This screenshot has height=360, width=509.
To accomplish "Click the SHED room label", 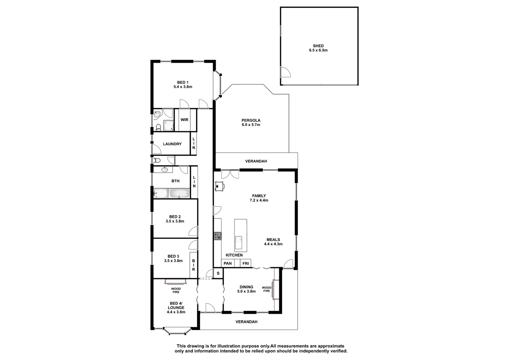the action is (318, 46).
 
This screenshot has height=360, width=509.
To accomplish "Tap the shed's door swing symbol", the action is (286, 72).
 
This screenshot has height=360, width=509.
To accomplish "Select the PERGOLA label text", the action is (251, 121).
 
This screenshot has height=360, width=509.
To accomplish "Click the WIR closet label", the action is (184, 120).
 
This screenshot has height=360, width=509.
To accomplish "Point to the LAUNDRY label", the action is (172, 144).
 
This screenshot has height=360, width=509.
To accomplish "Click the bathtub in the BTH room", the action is (179, 193).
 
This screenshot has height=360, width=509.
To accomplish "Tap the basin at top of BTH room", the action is (164, 170).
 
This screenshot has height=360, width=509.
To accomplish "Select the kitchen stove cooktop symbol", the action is (217, 236).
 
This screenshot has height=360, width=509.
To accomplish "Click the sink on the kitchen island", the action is (239, 239).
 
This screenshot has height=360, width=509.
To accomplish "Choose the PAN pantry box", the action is (228, 263).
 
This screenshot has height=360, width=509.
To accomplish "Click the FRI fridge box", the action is (245, 263).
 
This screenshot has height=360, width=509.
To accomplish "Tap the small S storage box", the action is (218, 273).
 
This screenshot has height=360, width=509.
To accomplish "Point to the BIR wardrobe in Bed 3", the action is (194, 265).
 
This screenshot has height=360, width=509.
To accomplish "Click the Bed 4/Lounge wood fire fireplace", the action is (175, 282).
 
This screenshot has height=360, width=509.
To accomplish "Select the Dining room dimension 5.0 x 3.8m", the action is (246, 291).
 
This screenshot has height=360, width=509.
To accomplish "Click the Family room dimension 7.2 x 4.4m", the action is (259, 200).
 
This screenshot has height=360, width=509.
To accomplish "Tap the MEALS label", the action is (273, 239).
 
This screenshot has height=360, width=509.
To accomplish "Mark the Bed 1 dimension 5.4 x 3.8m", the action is (183, 87).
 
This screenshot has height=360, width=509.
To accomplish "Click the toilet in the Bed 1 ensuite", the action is (158, 128).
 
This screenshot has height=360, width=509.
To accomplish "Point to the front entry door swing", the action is (210, 308).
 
